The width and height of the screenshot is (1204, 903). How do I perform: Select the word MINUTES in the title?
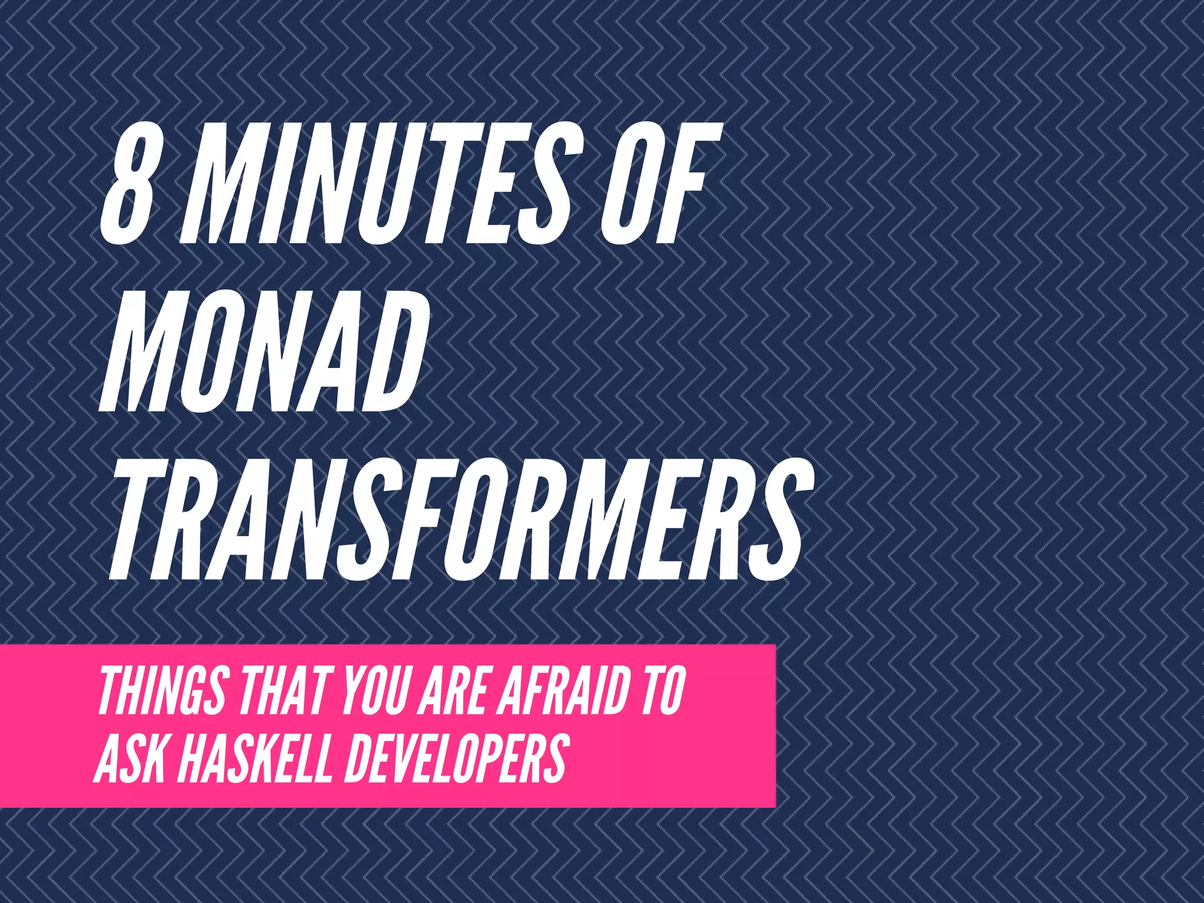point(376,183)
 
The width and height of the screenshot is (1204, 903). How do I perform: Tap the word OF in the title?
point(655,183)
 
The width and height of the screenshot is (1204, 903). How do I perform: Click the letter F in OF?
point(685,183)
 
